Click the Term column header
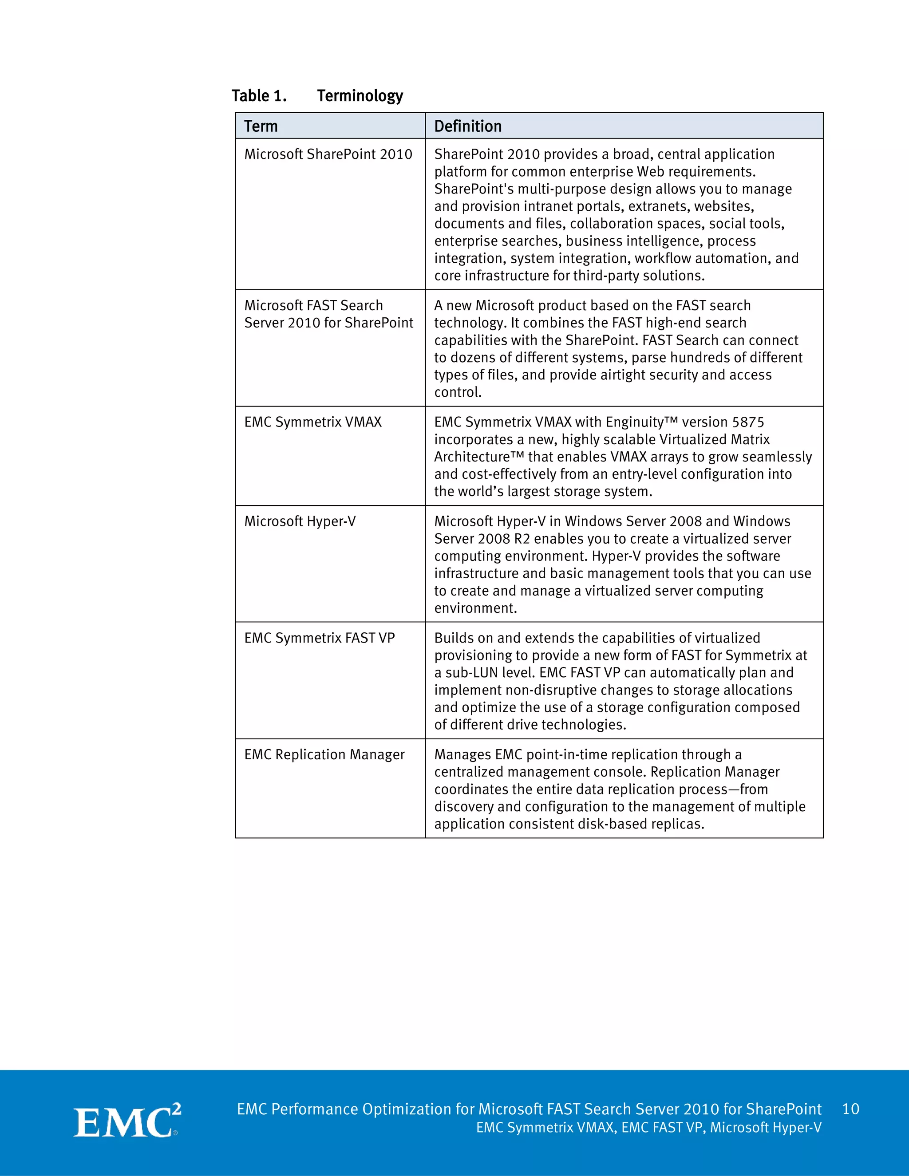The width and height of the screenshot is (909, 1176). pyautogui.click(x=261, y=126)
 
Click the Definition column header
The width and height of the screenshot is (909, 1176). pyautogui.click(x=467, y=126)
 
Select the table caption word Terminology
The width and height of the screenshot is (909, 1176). pyautogui.click(x=360, y=96)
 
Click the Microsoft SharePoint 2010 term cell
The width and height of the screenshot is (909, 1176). pyautogui.click(x=328, y=154)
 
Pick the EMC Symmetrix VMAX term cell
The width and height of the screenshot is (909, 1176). pyautogui.click(x=313, y=422)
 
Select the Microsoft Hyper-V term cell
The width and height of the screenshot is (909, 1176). pyautogui.click(x=300, y=521)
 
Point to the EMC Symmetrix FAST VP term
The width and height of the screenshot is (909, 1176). pyautogui.click(x=319, y=638)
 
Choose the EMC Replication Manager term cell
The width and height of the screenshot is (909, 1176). pyautogui.click(x=324, y=755)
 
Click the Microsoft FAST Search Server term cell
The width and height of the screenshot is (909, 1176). pyautogui.click(x=328, y=314)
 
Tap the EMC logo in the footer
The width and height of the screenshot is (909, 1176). pyautogui.click(x=126, y=1122)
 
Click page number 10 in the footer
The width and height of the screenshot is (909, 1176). pyautogui.click(x=850, y=1109)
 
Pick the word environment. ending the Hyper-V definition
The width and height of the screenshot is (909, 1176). pyautogui.click(x=475, y=608)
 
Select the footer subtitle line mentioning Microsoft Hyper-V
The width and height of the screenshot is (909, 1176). pyautogui.click(x=648, y=1128)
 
